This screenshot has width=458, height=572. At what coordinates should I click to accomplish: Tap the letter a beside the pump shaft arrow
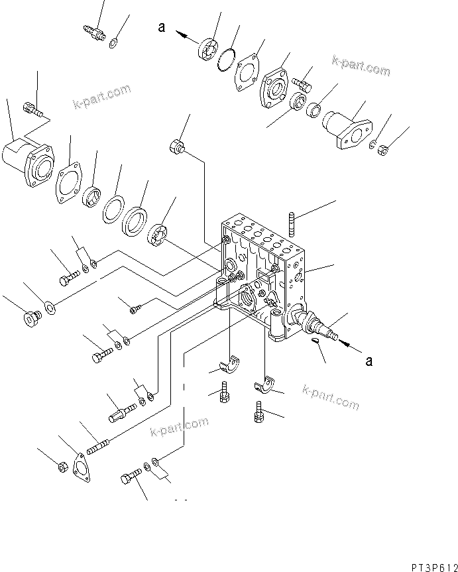coord(369,361)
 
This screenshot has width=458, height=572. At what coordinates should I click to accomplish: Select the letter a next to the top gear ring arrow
coord(160,27)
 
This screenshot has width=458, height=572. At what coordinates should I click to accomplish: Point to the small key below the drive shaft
coord(317,342)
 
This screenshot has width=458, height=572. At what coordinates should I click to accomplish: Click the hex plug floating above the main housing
coord(178,146)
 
